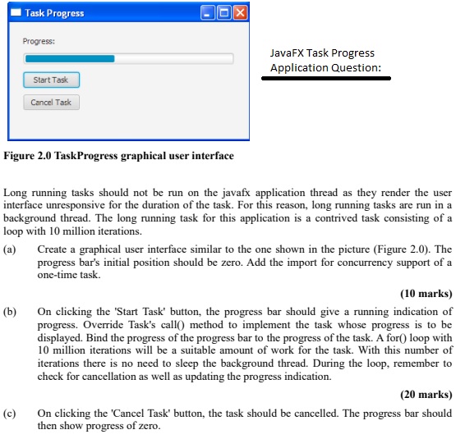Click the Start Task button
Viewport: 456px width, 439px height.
(51, 80)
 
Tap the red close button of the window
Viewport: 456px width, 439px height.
(239, 13)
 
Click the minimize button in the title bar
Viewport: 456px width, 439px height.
(209, 13)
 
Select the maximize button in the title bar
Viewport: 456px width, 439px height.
(223, 13)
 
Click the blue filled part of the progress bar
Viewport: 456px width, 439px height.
(70, 58)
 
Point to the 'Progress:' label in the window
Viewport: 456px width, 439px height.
(39, 41)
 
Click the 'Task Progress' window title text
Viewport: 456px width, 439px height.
(54, 13)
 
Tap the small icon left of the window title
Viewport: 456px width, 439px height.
(14, 13)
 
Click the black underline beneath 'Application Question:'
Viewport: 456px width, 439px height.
(326, 80)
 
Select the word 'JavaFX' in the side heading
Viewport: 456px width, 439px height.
(287, 53)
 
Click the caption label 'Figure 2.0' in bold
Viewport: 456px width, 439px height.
(29, 156)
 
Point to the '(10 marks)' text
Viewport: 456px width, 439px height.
(426, 293)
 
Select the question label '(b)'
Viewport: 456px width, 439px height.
(11, 312)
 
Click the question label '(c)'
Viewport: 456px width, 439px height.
(11, 414)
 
